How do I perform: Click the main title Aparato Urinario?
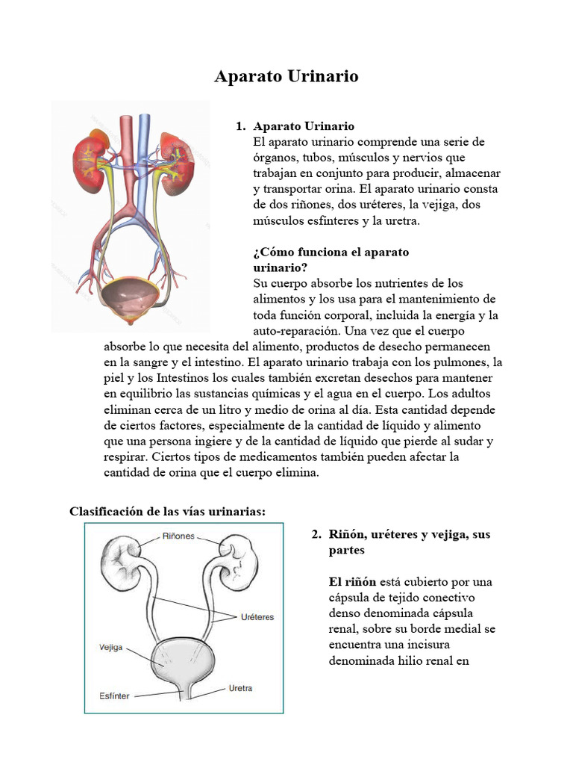click(x=286, y=76)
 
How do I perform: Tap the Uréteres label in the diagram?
click(x=257, y=617)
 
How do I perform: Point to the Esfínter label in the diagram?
click(x=114, y=696)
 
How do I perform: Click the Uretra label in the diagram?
click(x=240, y=687)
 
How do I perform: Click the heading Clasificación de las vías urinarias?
click(x=167, y=511)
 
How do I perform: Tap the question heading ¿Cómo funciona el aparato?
click(x=331, y=253)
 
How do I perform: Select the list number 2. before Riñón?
click(x=316, y=535)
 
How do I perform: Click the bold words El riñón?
click(x=352, y=581)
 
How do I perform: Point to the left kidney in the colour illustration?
click(x=89, y=152)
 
